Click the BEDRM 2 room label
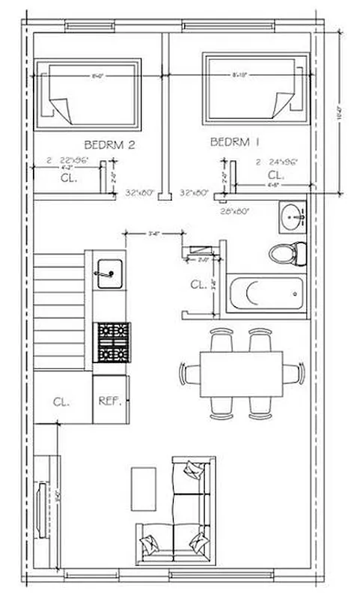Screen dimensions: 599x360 (x=109, y=145)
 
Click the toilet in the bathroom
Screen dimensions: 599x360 (x=287, y=253)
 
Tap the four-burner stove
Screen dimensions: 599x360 (x=112, y=342)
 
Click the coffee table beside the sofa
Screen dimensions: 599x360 (x=144, y=487)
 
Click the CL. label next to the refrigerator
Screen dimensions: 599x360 (x=61, y=401)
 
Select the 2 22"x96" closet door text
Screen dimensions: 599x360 (x=68, y=161)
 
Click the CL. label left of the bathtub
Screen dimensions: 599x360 (x=198, y=285)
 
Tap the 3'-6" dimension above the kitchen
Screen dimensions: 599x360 (x=155, y=234)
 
